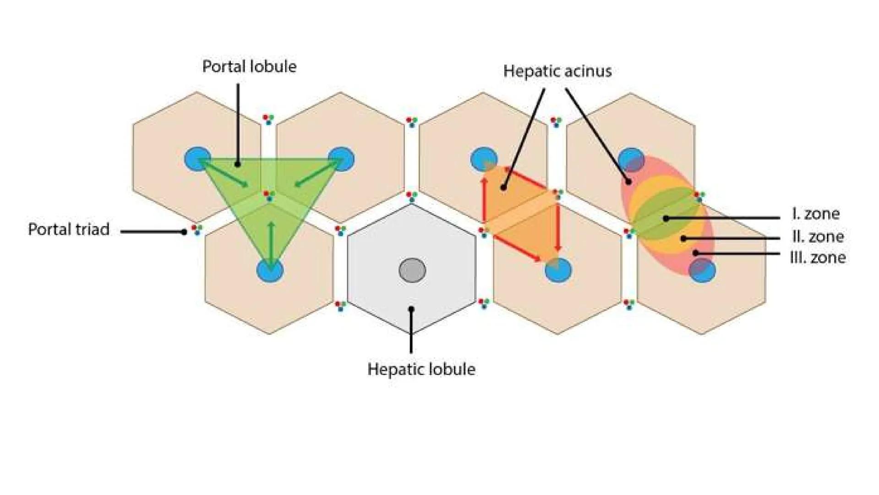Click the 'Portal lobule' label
coord(249,67)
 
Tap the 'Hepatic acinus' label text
coord(557,71)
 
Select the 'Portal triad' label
coord(69,229)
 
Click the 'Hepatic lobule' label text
coord(421,369)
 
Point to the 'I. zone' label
coord(815,214)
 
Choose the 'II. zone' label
coord(818,236)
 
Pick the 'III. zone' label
coord(818,257)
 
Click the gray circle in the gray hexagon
coord(412,270)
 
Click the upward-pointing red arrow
coord(484,199)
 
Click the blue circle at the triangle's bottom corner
coord(270,270)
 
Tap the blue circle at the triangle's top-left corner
coord(197,159)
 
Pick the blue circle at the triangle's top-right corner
coord(342,159)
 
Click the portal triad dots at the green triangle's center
coord(269,196)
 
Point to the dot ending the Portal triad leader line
coord(184,232)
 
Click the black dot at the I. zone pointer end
coord(666,219)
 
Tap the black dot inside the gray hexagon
coord(411,309)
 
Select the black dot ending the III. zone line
coord(695,253)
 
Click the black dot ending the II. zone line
coord(683,238)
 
